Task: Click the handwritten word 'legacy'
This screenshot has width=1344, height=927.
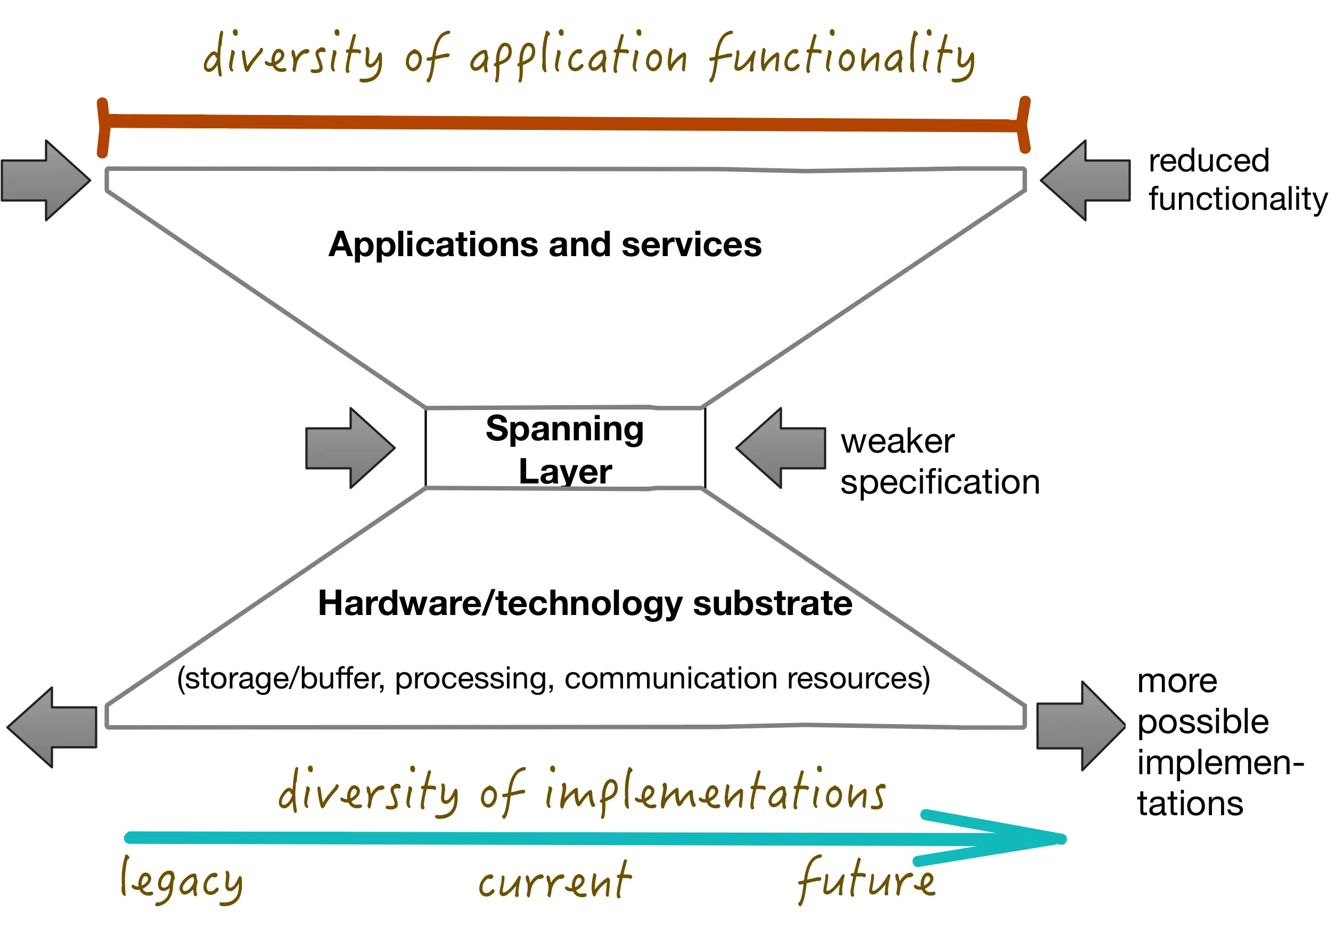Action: [181, 881]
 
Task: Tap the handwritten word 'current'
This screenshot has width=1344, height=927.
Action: [554, 881]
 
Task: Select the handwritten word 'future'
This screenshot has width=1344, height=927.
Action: [865, 880]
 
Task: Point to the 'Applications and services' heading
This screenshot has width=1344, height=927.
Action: [545, 244]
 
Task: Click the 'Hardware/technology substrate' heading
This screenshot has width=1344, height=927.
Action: [585, 603]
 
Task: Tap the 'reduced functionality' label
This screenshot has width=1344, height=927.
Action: [1237, 179]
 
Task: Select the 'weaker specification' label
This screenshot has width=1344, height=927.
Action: [939, 462]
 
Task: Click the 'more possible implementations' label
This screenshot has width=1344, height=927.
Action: [1220, 742]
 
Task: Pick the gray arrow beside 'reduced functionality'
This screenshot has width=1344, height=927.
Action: [1085, 181]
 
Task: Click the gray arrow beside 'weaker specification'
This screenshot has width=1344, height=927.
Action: [781, 448]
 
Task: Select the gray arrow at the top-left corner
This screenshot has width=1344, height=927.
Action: [46, 181]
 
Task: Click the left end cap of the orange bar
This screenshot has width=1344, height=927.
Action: [103, 128]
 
